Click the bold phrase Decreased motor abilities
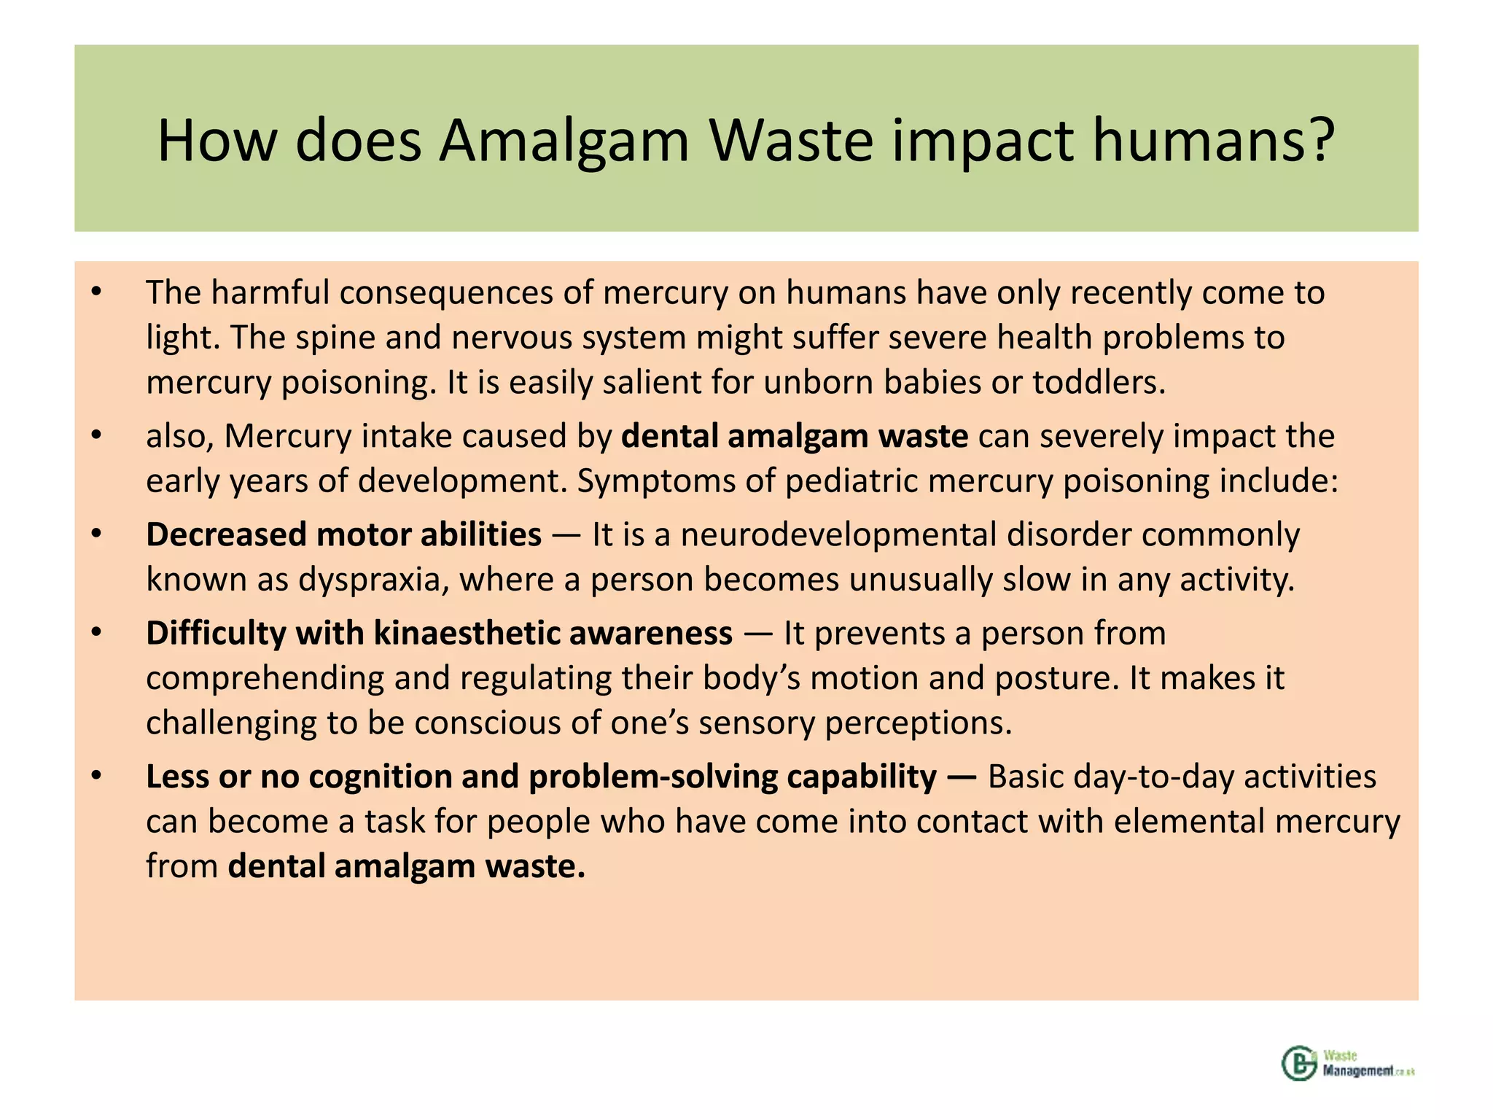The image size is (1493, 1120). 343,534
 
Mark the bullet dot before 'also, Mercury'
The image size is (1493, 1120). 96,436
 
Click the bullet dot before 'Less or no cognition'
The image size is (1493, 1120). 96,777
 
